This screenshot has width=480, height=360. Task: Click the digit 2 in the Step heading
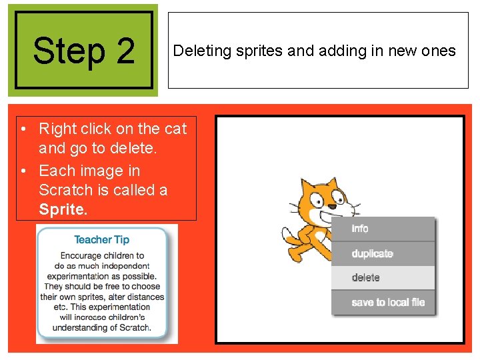point(125,51)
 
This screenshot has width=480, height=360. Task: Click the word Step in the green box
point(69,51)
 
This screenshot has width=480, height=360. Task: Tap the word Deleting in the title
point(202,51)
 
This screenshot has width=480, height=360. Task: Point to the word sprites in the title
point(259,51)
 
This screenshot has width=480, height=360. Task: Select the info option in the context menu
point(360,229)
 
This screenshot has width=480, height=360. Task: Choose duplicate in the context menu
point(372,253)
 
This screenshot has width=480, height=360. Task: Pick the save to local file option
point(388,303)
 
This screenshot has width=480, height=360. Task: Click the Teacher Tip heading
point(101,240)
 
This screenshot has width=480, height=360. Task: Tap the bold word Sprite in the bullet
point(63,209)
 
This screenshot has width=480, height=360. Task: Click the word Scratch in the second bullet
point(66,190)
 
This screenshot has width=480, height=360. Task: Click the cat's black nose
point(332,207)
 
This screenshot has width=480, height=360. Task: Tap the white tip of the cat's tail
point(286,234)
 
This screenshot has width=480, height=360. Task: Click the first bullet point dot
point(23,129)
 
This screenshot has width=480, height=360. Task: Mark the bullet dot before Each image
point(23,171)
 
